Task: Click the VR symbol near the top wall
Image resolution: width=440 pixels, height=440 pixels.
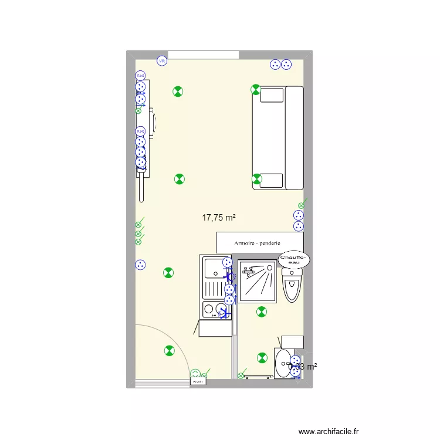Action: (x=161, y=60)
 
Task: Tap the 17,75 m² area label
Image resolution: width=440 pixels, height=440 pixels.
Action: (x=218, y=218)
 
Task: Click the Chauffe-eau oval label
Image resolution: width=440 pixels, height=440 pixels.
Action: (x=292, y=259)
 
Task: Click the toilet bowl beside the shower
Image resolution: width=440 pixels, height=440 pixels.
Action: (x=292, y=287)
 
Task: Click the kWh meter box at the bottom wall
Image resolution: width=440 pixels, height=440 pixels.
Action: (x=198, y=382)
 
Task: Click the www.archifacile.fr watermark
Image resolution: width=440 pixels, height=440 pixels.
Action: (x=328, y=432)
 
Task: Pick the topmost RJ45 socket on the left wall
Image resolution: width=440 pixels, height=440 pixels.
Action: (x=140, y=76)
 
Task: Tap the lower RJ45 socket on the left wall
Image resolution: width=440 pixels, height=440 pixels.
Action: (x=140, y=131)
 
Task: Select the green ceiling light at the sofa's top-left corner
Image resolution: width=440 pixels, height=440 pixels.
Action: (x=255, y=90)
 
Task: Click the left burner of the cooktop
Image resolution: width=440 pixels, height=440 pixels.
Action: (x=208, y=309)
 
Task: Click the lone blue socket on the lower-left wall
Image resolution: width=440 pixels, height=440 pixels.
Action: (x=140, y=265)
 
